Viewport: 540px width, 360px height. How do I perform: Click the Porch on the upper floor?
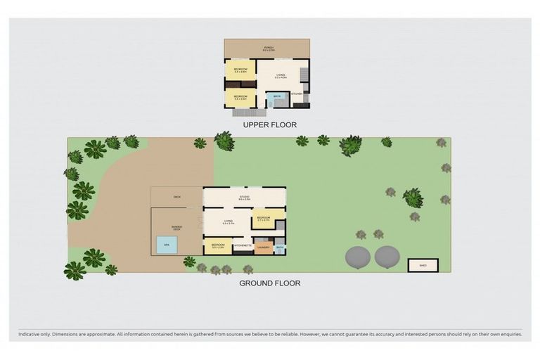tap(269, 49)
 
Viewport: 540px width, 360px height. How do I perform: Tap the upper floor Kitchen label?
tap(297, 94)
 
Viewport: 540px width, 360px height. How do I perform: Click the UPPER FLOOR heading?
tap(269, 125)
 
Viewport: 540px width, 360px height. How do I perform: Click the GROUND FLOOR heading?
tap(269, 283)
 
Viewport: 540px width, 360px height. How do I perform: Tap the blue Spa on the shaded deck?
tap(167, 245)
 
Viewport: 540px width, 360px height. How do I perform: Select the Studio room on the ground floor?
tap(245, 198)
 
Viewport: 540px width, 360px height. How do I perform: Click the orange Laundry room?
tap(264, 247)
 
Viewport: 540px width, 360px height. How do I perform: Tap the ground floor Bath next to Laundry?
tap(280, 247)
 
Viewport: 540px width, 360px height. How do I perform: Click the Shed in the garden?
tap(423, 266)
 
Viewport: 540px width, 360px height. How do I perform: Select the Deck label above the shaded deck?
tap(177, 197)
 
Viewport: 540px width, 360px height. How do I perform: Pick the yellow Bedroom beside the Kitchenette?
tap(218, 247)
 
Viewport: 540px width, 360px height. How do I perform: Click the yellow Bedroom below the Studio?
tap(264, 219)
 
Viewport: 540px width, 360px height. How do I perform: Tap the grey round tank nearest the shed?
tap(387, 257)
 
